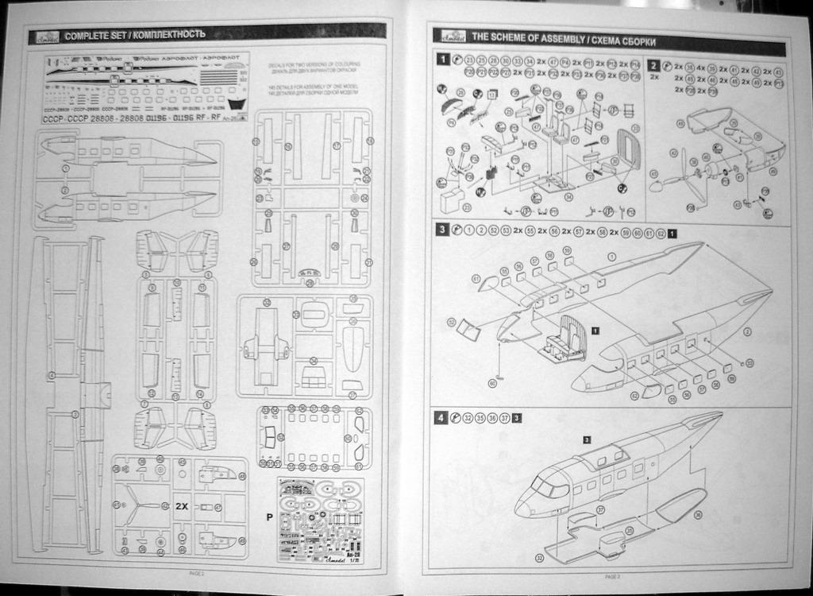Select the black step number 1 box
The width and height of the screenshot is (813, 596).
[x=441, y=60]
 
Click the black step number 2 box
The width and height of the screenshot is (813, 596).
[x=653, y=66]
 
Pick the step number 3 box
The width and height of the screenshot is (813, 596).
[x=441, y=231]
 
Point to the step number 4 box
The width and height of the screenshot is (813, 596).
[x=441, y=418]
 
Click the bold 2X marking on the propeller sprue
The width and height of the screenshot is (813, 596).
[x=181, y=505]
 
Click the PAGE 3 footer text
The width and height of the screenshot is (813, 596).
[x=612, y=576]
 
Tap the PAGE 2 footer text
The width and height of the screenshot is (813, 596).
[x=197, y=573]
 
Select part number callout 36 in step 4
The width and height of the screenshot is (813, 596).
[x=698, y=515]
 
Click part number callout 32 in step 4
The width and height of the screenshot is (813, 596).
[x=540, y=557]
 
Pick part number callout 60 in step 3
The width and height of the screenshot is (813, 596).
[x=492, y=383]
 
